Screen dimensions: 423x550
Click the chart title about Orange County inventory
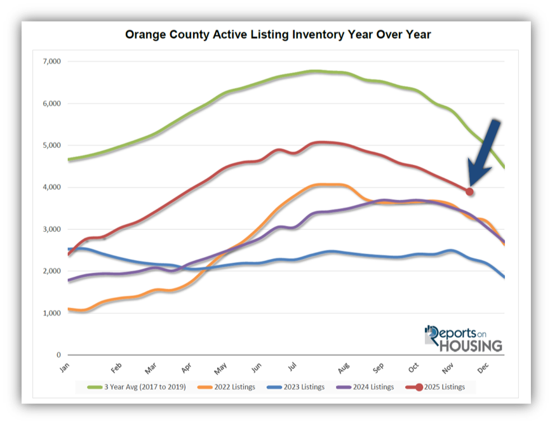(x=278, y=34)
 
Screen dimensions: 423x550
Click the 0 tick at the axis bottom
(x=58, y=355)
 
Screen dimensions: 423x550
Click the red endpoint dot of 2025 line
(x=470, y=191)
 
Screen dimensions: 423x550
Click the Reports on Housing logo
(x=464, y=339)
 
